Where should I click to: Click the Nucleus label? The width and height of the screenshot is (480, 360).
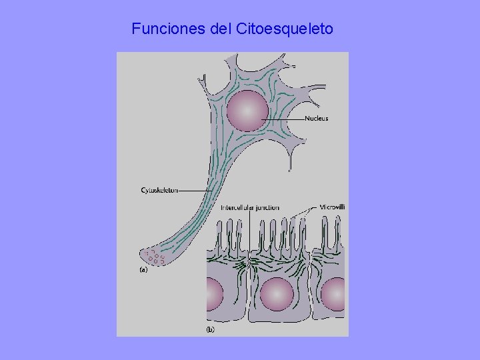pos(316,119)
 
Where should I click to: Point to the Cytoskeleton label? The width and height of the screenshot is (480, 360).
pos(159,190)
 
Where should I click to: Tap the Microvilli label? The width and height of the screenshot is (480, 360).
pos(332,207)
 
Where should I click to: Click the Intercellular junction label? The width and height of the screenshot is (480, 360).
pos(250,208)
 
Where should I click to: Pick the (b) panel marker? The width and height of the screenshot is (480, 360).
pos(210,329)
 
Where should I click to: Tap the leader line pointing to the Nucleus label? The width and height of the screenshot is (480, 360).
pos(283,119)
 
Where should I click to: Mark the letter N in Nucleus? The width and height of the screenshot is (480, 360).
pos(307,119)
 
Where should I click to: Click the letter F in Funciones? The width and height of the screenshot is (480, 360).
pos(136,29)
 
